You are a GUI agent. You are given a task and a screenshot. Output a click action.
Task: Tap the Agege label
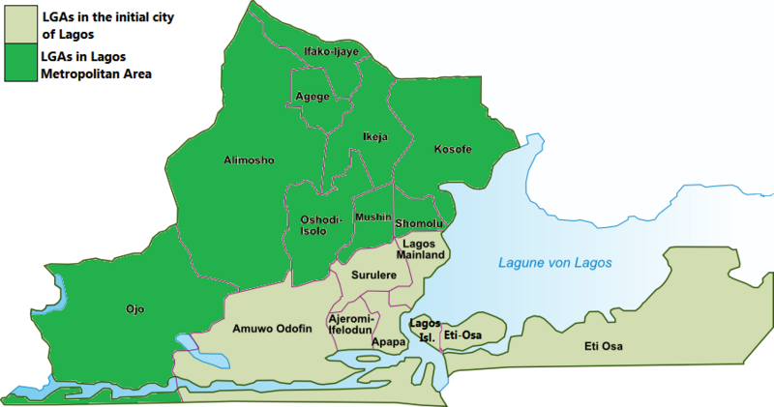coord(313,97)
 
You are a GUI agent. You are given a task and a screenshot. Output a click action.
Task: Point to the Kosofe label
coord(452,150)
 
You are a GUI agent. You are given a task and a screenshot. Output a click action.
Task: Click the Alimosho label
coord(249,160)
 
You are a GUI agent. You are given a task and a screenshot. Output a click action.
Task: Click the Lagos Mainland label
coord(422,248)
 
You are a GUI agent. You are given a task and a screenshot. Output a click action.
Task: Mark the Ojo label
coord(135,309)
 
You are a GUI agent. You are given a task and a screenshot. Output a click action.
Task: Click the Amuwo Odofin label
coord(272,329)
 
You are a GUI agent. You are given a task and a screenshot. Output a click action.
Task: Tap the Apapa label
coord(388,341)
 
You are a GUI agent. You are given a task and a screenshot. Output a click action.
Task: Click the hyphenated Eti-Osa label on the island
coord(461,334)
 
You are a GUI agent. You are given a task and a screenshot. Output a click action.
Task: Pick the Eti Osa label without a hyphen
coord(606,346)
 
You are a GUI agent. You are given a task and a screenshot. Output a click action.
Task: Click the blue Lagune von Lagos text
coord(555,263)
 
